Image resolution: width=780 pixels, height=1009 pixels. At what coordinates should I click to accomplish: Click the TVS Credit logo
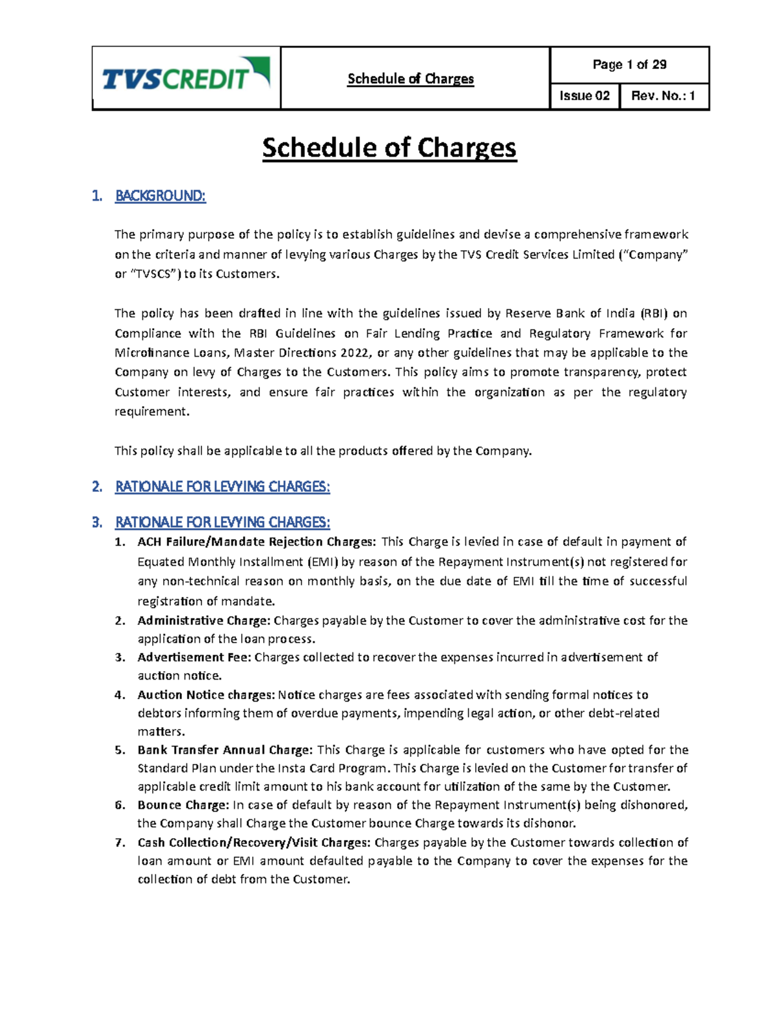pyautogui.click(x=185, y=77)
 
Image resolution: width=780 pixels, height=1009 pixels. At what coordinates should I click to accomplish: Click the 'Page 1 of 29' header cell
pyautogui.click(x=629, y=64)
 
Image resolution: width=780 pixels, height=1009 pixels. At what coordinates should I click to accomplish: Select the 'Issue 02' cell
pyautogui.click(x=584, y=96)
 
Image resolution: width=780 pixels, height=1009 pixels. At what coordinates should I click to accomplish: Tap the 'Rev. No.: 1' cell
pyautogui.click(x=663, y=96)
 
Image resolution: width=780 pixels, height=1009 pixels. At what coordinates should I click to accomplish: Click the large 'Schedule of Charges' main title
pyautogui.click(x=389, y=148)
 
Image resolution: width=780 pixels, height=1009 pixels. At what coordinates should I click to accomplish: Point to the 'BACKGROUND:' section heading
pyautogui.click(x=160, y=196)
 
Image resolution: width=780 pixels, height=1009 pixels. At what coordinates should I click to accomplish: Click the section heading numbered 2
pyautogui.click(x=222, y=487)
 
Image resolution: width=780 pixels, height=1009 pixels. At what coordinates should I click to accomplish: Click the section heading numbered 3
pyautogui.click(x=222, y=522)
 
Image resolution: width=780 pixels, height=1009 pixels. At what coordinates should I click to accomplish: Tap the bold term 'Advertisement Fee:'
pyautogui.click(x=194, y=658)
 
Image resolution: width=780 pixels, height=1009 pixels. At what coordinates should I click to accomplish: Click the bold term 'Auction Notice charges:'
pyautogui.click(x=206, y=695)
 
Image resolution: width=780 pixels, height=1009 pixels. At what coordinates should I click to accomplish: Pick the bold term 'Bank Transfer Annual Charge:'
pyautogui.click(x=225, y=750)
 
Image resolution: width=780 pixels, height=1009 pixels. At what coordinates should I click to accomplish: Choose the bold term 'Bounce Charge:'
pyautogui.click(x=183, y=805)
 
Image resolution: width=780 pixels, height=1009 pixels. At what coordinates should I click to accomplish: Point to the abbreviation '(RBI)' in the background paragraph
pyautogui.click(x=653, y=313)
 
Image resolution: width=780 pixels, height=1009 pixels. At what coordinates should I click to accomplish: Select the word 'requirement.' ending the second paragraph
pyautogui.click(x=152, y=411)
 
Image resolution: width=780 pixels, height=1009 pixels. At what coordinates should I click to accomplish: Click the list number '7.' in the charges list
pyautogui.click(x=120, y=843)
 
